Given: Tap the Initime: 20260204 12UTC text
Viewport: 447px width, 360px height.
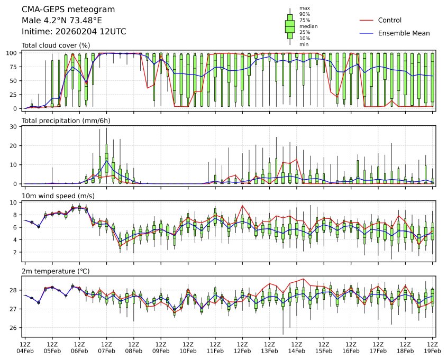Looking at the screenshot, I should pyautogui.click(x=74, y=32).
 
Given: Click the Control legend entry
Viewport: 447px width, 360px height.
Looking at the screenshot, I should pyautogui.click(x=390, y=21).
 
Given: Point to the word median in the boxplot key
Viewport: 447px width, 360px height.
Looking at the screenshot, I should pyautogui.click(x=308, y=26).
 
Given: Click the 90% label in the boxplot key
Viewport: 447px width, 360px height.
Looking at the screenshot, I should pyautogui.click(x=305, y=14).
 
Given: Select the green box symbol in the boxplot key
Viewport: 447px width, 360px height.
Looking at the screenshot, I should pyautogui.click(x=290, y=26).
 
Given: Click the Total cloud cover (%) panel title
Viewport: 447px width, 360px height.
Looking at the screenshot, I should pyautogui.click(x=56, y=45).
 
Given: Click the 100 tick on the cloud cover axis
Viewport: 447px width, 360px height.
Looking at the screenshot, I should pyautogui.click(x=13, y=53).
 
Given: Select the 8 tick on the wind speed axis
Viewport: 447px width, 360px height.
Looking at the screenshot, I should pyautogui.click(x=16, y=215).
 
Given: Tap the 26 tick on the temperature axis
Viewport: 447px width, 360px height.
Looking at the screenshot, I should pyautogui.click(x=15, y=328).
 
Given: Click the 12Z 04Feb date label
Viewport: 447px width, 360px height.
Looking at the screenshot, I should pyautogui.click(x=24, y=347).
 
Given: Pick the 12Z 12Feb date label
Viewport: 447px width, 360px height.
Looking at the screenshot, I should pyautogui.click(x=242, y=347).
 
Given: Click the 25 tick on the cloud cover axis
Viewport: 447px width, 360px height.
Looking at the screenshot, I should pyautogui.click(x=15, y=95).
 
